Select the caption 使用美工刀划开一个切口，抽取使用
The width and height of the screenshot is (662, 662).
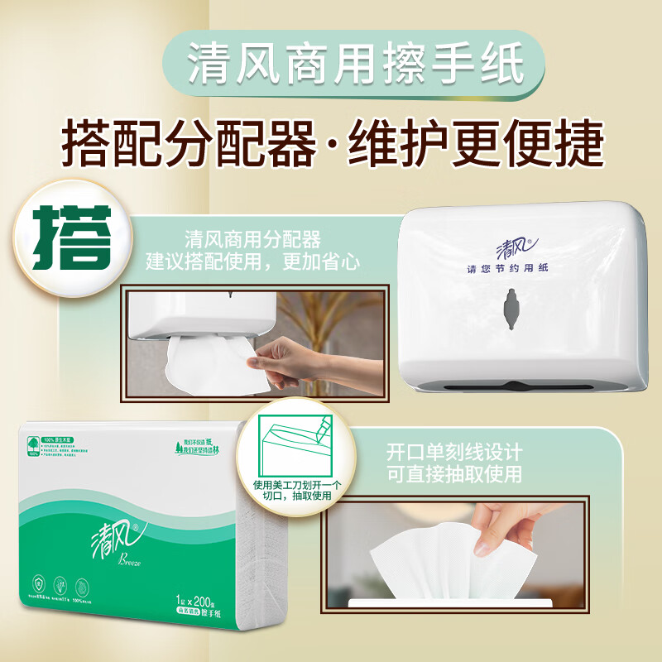click(289, 490)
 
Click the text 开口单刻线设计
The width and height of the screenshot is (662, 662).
click(454, 453)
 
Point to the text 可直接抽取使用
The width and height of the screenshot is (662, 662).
click(454, 475)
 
